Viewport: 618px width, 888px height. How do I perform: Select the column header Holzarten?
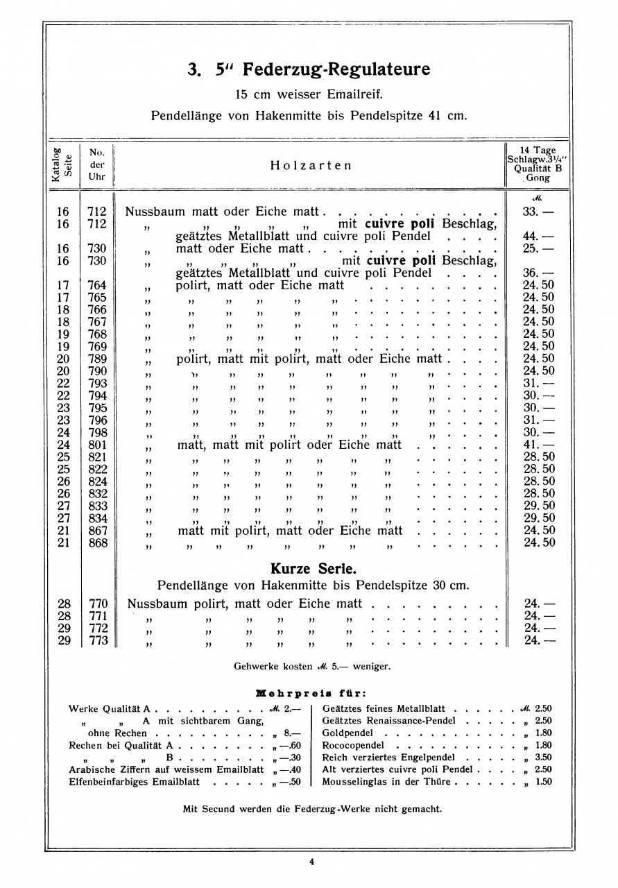(311, 165)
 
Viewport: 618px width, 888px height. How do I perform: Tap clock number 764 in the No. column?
(98, 285)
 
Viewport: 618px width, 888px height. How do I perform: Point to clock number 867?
(98, 531)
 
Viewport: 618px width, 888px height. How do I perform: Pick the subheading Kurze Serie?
(313, 568)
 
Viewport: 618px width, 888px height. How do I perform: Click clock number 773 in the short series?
(98, 641)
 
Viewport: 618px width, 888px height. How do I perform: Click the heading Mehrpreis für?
(311, 692)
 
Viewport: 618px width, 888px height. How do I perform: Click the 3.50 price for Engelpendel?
(543, 758)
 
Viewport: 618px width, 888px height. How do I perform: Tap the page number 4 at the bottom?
(311, 862)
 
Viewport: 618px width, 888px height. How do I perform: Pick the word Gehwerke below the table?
(255, 667)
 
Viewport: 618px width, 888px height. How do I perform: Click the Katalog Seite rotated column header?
(62, 164)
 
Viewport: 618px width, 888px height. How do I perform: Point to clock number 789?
(98, 359)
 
